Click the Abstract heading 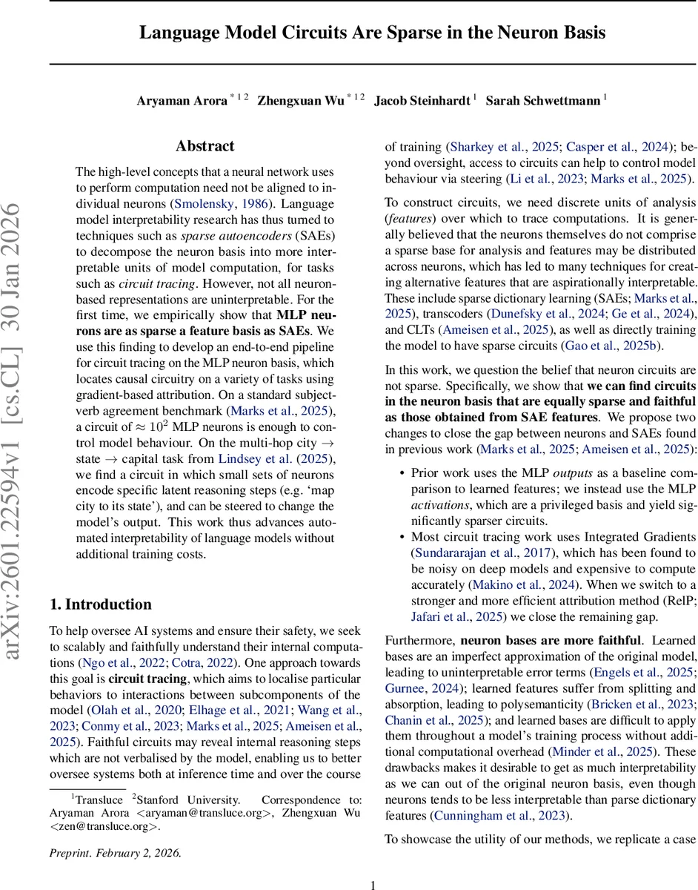point(205,146)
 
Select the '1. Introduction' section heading point(100,604)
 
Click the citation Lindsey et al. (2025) point(265,458)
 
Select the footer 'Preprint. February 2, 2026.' point(115,852)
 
